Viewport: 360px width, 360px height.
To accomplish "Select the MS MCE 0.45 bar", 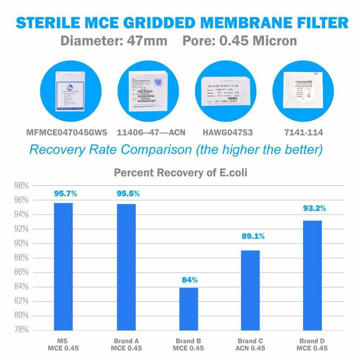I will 63,266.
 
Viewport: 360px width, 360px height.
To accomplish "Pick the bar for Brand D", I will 312,275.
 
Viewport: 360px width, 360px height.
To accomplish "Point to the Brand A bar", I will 126,267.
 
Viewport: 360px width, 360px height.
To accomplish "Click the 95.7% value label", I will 65,194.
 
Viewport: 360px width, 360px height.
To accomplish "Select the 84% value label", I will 189,280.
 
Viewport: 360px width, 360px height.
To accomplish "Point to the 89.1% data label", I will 253,236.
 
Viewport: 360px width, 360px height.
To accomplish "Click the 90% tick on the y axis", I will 21,243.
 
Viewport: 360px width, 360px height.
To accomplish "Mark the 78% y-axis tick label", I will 21,330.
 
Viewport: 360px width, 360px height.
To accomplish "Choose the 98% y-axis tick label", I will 21,186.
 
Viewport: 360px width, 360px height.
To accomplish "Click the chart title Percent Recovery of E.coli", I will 180,173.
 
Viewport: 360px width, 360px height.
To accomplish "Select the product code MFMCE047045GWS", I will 67,133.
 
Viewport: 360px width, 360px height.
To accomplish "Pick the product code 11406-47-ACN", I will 151,133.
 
